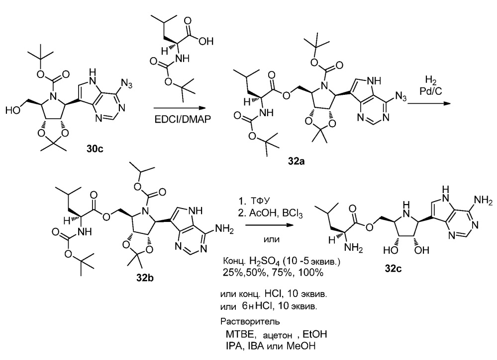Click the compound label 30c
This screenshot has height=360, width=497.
click(95, 148)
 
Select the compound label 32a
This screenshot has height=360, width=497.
click(297, 161)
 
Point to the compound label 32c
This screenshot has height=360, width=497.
click(393, 269)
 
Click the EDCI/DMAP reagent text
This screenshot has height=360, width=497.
click(182, 119)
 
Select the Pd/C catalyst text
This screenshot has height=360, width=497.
click(431, 91)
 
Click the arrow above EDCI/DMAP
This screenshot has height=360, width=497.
click(183, 108)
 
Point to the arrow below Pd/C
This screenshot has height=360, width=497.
click(429, 103)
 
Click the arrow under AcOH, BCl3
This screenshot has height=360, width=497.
click(269, 225)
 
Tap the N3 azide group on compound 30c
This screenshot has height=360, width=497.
click(126, 85)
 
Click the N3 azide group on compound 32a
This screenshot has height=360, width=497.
click(400, 96)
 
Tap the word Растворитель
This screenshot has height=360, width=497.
click(250, 321)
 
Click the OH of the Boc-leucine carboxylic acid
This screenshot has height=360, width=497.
click(206, 41)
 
